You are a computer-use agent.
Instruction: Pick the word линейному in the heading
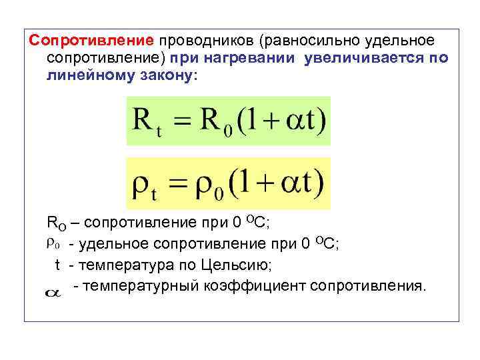90,75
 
